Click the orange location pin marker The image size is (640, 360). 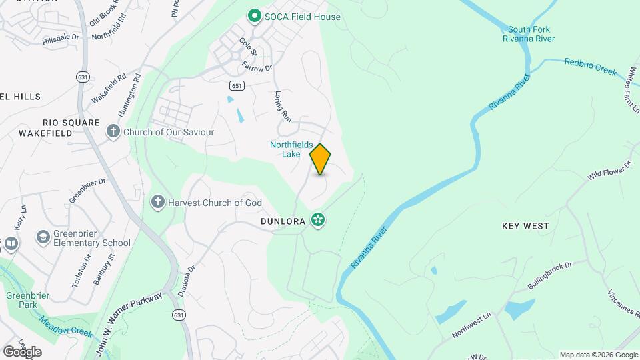coord(321,159)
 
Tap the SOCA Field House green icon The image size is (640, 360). coord(253,17)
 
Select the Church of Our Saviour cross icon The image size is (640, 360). coord(114,132)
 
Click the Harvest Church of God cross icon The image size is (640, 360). coord(158,203)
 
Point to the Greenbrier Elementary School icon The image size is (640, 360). coord(43,237)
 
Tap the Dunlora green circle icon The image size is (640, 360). coord(318,220)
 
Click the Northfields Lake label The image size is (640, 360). coord(291,149)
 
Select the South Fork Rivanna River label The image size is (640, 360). coord(529,34)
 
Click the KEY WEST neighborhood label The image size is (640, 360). coord(525,226)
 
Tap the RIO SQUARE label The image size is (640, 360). coord(71,123)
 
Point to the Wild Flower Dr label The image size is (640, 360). coord(609,171)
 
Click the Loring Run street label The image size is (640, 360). coord(283,106)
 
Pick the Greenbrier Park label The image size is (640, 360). coord(24,299)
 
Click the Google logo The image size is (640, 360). coord(22,351)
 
